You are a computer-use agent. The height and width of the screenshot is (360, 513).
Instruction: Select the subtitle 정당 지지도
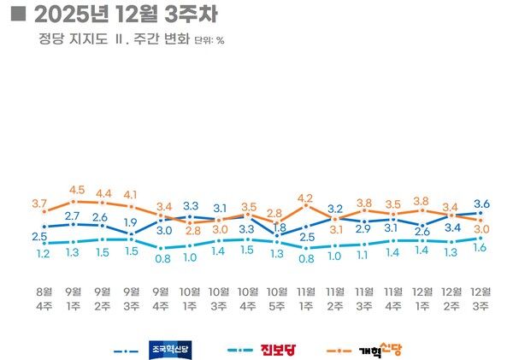[x=72, y=38]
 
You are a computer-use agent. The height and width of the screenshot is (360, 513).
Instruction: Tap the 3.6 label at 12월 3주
[x=481, y=203]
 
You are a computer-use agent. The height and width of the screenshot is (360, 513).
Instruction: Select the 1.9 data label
[x=131, y=222]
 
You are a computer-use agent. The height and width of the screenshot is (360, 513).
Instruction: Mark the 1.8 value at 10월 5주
[x=278, y=227]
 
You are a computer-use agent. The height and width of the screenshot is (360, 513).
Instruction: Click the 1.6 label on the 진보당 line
[x=481, y=248]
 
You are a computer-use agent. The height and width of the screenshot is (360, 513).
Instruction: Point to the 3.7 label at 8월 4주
[x=39, y=203]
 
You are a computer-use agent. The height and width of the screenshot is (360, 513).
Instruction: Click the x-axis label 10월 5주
[x=277, y=300]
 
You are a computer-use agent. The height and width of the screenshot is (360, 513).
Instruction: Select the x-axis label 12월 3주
[x=481, y=300]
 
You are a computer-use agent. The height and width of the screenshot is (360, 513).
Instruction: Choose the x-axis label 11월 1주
[x=306, y=300]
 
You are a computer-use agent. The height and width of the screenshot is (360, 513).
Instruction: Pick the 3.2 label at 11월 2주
[x=335, y=209]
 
